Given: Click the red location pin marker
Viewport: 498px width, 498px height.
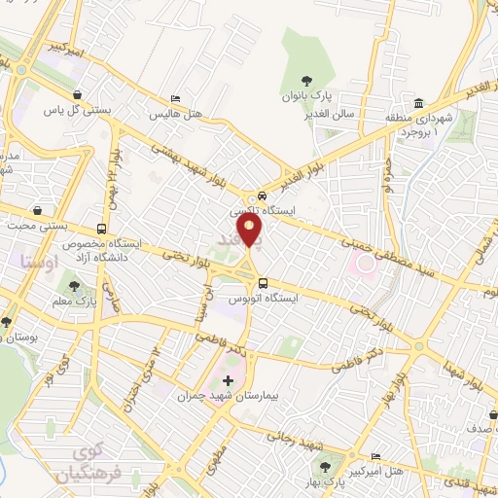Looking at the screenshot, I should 250,231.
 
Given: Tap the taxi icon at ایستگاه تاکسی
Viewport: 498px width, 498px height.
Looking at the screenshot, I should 251,196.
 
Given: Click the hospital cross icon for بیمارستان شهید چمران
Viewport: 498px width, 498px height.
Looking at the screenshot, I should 229,379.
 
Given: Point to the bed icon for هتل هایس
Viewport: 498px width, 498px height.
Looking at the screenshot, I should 174,98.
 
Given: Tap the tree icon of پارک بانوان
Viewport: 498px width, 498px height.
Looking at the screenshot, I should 307,82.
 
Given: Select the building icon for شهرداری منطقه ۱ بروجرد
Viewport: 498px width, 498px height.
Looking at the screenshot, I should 419,104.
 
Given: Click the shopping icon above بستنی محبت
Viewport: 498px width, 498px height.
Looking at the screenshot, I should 37,209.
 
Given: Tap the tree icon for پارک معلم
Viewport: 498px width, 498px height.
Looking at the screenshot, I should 74,286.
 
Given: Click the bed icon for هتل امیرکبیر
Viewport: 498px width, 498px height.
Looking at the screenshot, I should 376,456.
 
